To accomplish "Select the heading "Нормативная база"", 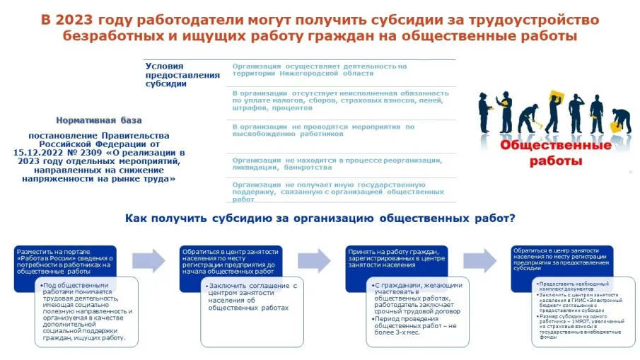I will pos(99,120).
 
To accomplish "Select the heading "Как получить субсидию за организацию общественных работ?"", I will pos(320,218).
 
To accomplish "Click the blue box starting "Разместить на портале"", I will pos(64,261).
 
